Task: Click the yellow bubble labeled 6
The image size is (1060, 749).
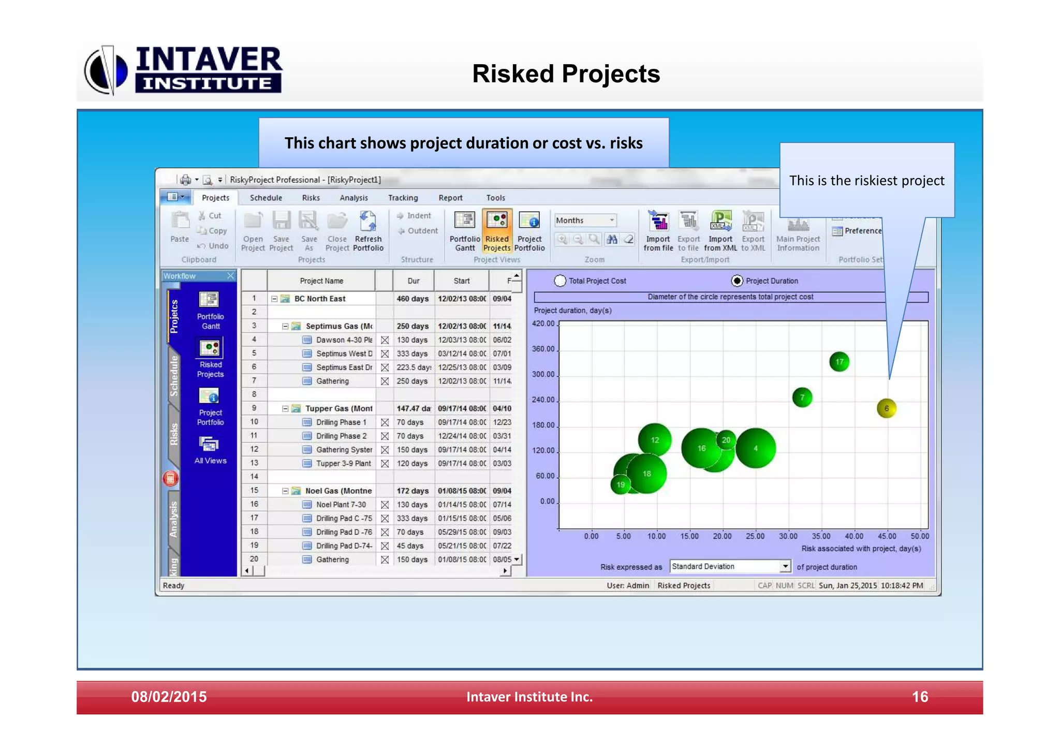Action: pyautogui.click(x=886, y=408)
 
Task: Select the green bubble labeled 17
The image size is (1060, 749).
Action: pyautogui.click(x=839, y=362)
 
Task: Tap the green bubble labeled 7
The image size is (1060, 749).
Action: pyautogui.click(x=802, y=398)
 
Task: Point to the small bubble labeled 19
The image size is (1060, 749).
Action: pyautogui.click(x=621, y=484)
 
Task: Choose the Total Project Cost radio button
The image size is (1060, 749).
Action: pyautogui.click(x=560, y=281)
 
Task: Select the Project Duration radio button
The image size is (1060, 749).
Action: pyautogui.click(x=737, y=281)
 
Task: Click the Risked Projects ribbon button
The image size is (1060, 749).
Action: pyautogui.click(x=497, y=230)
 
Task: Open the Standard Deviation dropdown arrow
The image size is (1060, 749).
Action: pyautogui.click(x=785, y=566)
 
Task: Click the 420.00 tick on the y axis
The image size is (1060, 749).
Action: pyautogui.click(x=543, y=324)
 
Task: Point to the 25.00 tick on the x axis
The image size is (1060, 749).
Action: pyautogui.click(x=755, y=536)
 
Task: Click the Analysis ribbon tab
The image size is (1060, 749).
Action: pyautogui.click(x=354, y=198)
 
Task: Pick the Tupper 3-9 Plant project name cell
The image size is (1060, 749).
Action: pyautogui.click(x=343, y=463)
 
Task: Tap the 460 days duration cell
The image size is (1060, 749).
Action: pyautogui.click(x=413, y=299)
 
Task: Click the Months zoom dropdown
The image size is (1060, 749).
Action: pyautogui.click(x=585, y=221)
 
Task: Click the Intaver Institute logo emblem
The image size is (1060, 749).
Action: pyautogui.click(x=106, y=70)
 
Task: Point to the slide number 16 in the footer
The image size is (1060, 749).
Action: pyautogui.click(x=920, y=697)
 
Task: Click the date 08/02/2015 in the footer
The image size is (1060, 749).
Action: pyautogui.click(x=169, y=697)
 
